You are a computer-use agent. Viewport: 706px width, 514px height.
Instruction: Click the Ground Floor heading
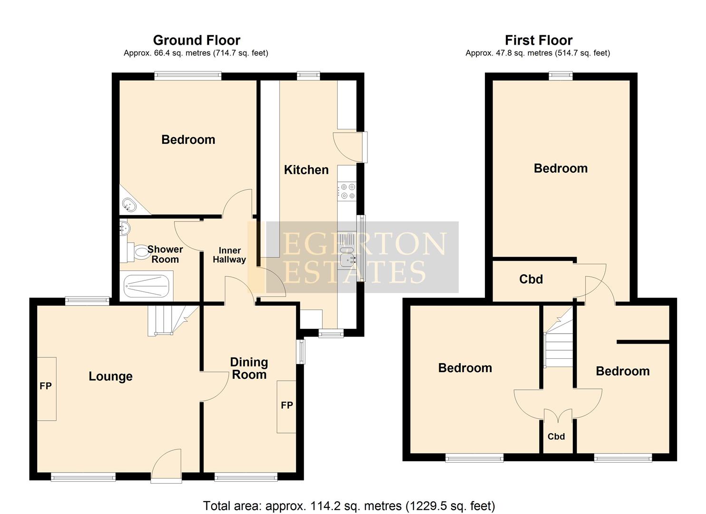[196, 40]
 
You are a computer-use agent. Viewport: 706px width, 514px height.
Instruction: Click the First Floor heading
[538, 40]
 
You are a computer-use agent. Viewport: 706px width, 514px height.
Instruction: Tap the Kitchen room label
[306, 170]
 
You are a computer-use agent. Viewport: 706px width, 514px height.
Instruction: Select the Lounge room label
[110, 376]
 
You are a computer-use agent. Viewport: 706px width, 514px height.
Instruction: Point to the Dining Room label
[249, 369]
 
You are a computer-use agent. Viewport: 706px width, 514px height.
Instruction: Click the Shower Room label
[165, 255]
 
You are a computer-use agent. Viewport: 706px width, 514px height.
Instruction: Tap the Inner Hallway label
[229, 255]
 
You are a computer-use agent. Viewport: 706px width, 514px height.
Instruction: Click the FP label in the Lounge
[45, 386]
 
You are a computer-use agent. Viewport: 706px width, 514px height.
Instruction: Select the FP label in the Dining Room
[287, 405]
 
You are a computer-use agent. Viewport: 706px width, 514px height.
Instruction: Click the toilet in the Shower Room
[141, 252]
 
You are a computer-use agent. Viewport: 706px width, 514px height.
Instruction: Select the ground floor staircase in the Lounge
[166, 320]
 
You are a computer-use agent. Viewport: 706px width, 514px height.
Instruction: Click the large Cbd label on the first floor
[531, 279]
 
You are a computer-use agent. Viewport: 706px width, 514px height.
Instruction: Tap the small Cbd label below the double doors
[556, 436]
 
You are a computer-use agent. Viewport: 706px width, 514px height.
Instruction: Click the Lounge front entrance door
[166, 466]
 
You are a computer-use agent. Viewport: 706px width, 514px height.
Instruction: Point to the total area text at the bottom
[349, 505]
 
